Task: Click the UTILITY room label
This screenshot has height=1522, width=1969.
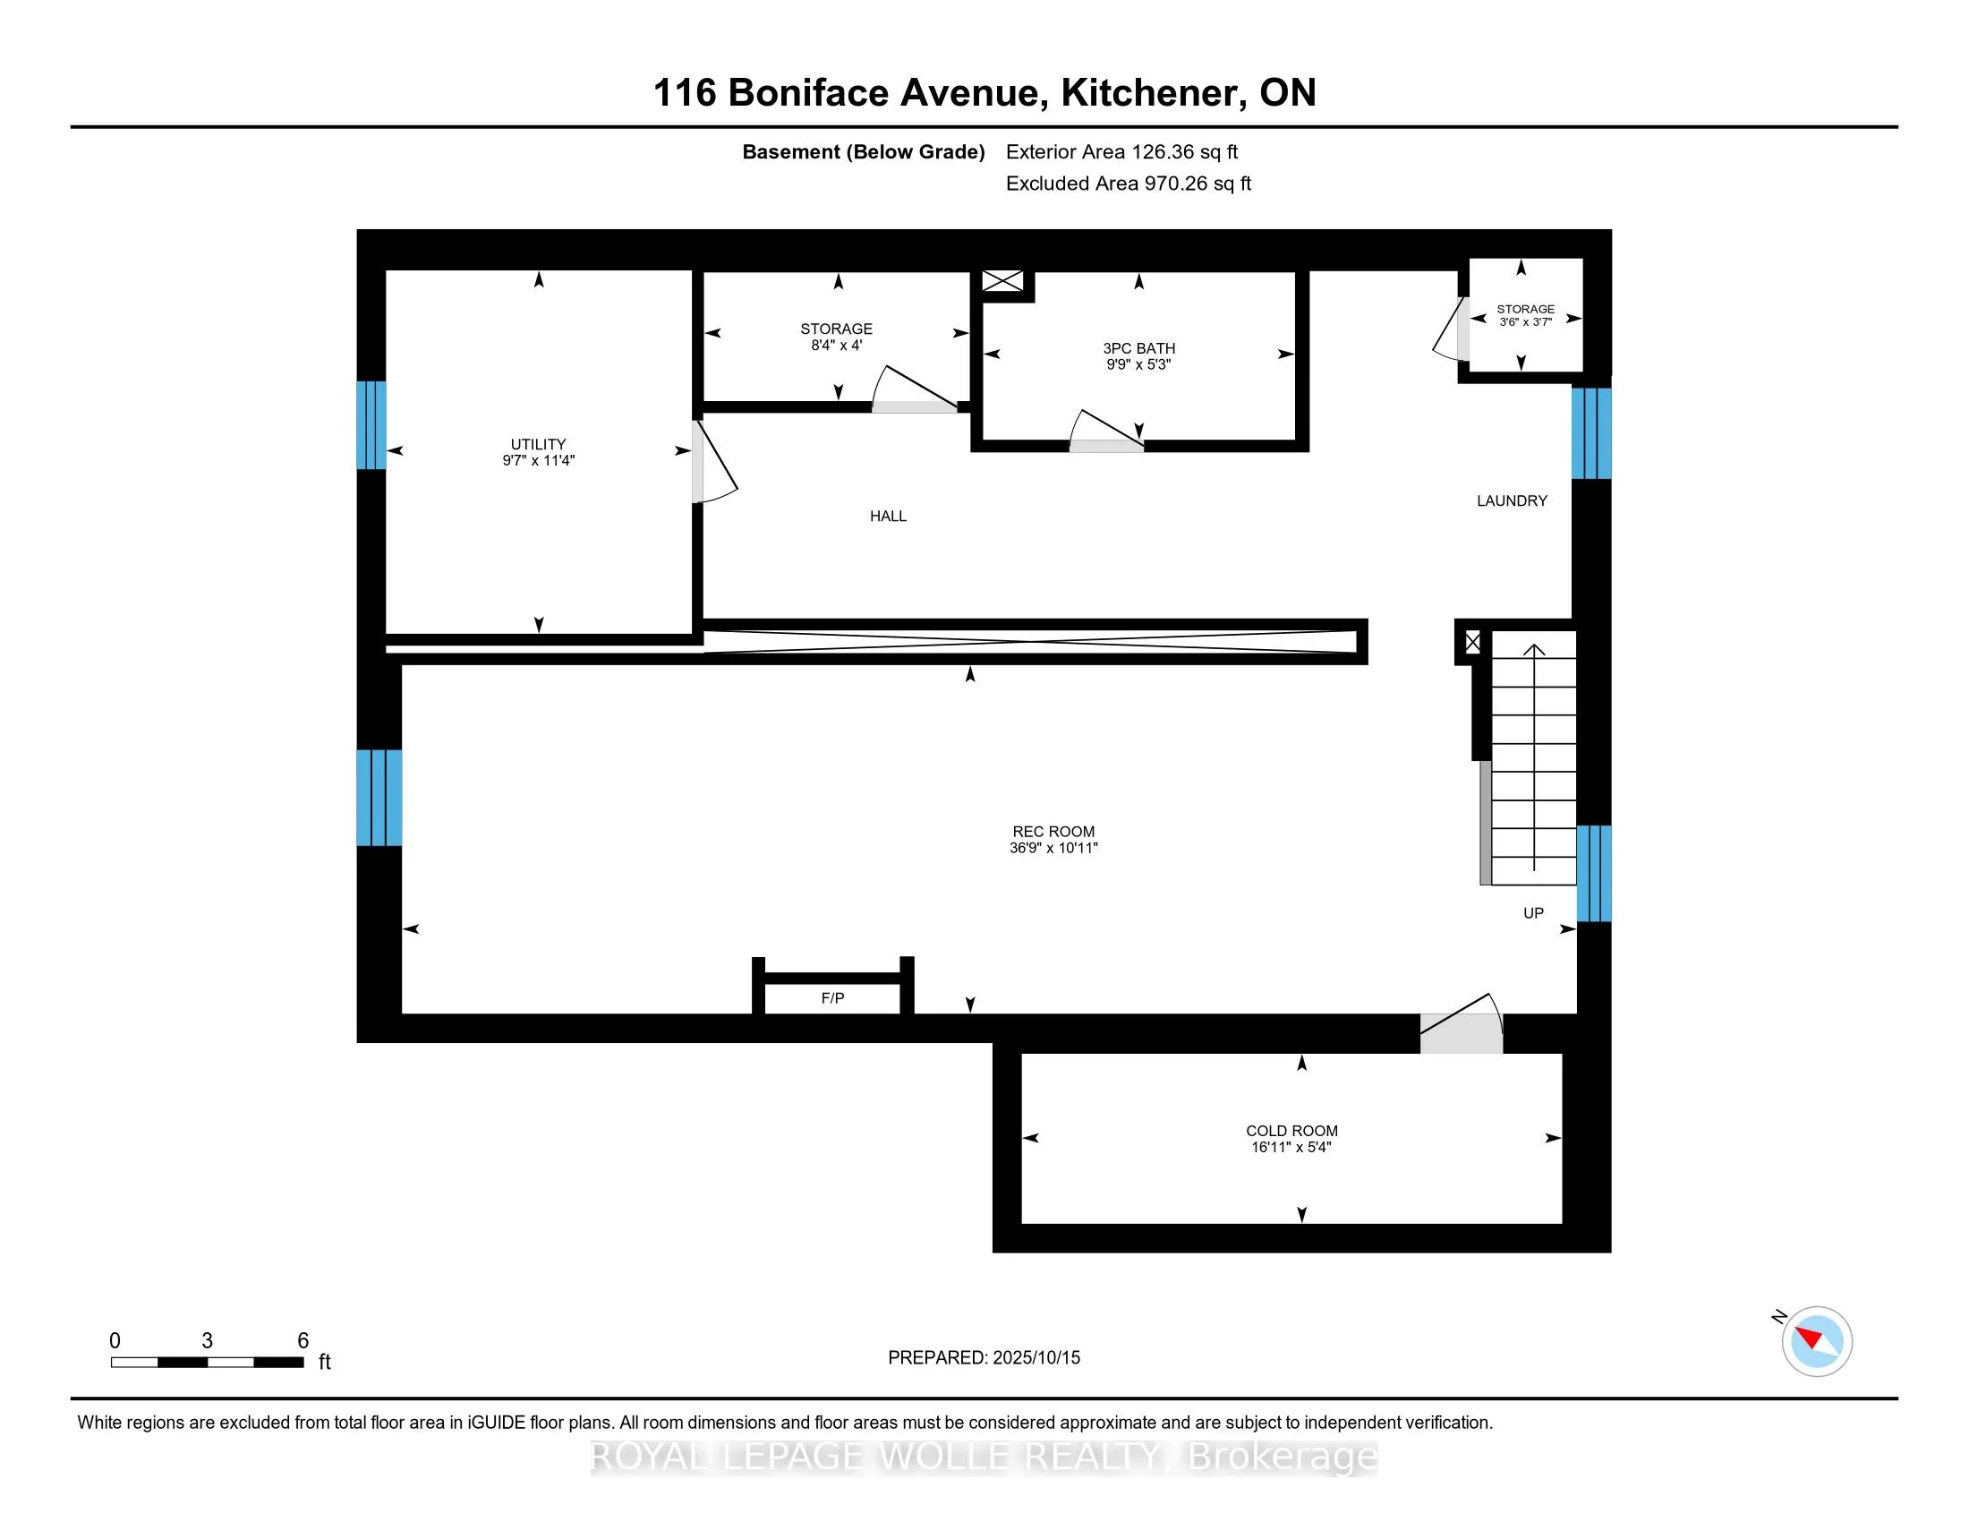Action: point(538,443)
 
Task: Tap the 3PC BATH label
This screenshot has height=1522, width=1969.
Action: point(1138,348)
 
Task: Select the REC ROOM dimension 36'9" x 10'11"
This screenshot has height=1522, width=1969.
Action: point(1053,848)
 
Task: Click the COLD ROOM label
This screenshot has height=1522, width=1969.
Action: point(1291,1131)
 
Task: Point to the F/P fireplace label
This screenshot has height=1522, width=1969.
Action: point(832,998)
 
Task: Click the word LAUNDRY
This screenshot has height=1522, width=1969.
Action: point(1511,500)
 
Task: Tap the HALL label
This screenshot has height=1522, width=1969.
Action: point(887,516)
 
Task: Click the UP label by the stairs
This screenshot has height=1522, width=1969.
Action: point(1532,912)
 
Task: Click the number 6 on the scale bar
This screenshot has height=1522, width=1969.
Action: point(303,1341)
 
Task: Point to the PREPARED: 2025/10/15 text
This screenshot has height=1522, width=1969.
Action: point(984,1357)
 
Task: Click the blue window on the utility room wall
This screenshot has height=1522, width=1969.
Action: point(371,424)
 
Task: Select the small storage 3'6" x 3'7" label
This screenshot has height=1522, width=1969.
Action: point(1525,314)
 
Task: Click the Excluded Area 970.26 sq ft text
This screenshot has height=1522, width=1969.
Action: point(1128,183)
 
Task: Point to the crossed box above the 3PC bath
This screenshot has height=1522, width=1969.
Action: point(1002,281)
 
